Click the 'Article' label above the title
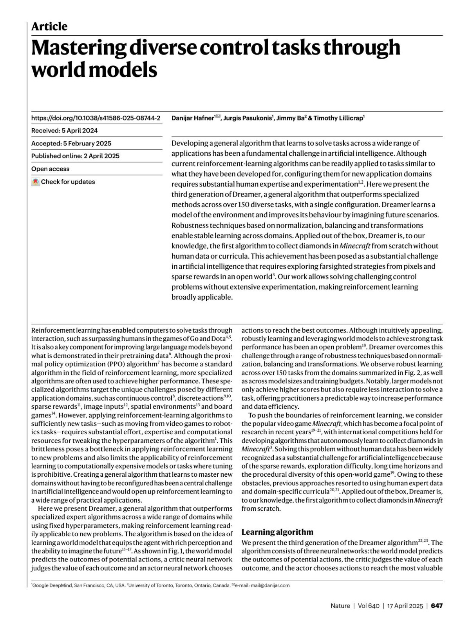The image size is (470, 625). click(x=49, y=27)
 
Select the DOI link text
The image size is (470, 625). click(x=96, y=118)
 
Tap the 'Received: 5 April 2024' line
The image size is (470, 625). click(x=64, y=131)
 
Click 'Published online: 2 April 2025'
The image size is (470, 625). click(x=75, y=156)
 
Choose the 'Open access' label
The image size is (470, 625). click(x=50, y=169)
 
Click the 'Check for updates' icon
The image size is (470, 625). click(x=36, y=182)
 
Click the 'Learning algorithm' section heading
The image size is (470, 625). click(x=277, y=532)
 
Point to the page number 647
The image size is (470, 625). click(x=437, y=606)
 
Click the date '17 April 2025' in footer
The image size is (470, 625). click(x=405, y=606)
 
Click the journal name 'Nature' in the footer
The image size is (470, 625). click(x=340, y=606)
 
